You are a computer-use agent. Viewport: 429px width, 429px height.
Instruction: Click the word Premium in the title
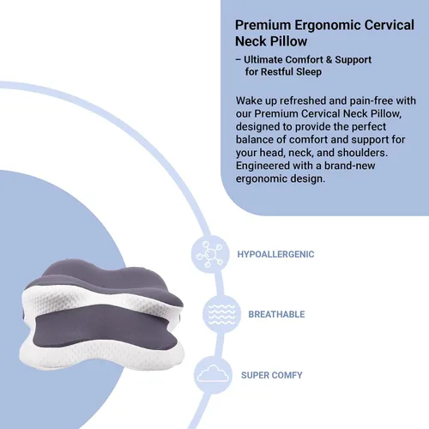click(x=263, y=25)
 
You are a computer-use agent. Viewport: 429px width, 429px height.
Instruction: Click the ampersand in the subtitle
click(x=329, y=60)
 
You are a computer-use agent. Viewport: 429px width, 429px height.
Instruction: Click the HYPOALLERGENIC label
click(x=275, y=254)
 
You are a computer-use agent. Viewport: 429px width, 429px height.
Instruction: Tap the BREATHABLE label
click(x=276, y=314)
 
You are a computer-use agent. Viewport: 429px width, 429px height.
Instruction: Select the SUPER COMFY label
click(x=272, y=375)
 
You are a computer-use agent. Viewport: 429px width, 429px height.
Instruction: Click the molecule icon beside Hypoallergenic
click(x=210, y=254)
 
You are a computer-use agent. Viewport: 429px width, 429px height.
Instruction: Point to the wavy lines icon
click(x=222, y=314)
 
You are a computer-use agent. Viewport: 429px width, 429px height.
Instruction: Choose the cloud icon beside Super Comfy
click(x=213, y=373)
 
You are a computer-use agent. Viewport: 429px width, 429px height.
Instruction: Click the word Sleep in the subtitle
click(x=309, y=72)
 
